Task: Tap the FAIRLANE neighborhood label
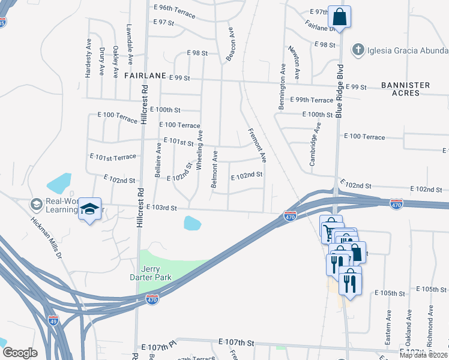click(145, 77)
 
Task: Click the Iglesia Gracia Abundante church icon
click(358, 49)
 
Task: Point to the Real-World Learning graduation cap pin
click(89, 209)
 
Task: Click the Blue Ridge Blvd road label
click(339, 90)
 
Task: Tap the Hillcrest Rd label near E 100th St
click(143, 105)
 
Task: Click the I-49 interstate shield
click(53, 320)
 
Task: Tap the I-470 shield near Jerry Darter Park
click(152, 299)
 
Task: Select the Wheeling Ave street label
click(200, 144)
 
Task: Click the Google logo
click(19, 353)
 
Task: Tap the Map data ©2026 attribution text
click(423, 355)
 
